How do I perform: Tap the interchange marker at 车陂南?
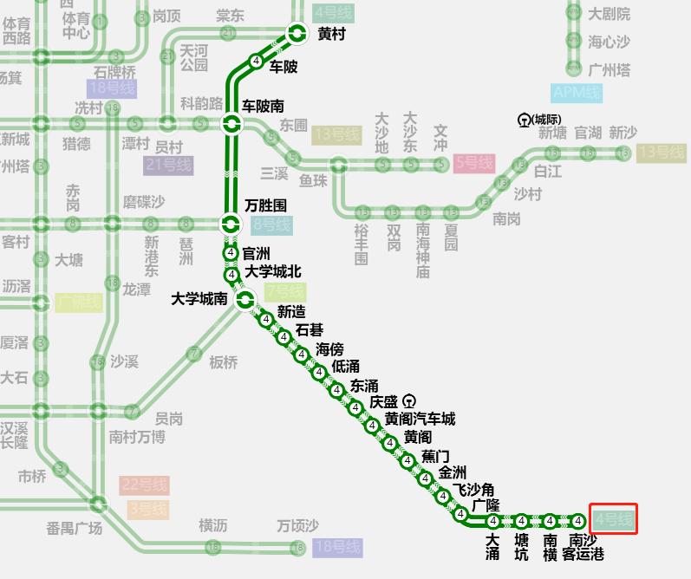coord(231,124)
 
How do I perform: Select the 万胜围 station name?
coord(265,206)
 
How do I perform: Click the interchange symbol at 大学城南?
coord(245,300)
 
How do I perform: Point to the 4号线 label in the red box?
coord(614,520)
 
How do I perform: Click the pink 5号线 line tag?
coord(474,162)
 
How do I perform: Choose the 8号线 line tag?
coord(272,225)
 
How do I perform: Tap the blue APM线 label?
coord(577,93)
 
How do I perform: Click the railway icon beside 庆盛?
coord(409,400)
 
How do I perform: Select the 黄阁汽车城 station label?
coord(420,420)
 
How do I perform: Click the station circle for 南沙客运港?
coord(578,521)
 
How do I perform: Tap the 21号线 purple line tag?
coord(168,165)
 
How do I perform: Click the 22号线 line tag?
coord(144,485)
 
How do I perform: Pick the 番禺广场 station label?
coord(74,528)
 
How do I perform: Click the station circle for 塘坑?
coord(521,521)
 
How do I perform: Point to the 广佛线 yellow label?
coord(78,303)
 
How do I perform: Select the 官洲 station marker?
coord(231,253)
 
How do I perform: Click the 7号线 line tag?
coord(285,291)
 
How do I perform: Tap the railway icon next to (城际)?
coord(524,119)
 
